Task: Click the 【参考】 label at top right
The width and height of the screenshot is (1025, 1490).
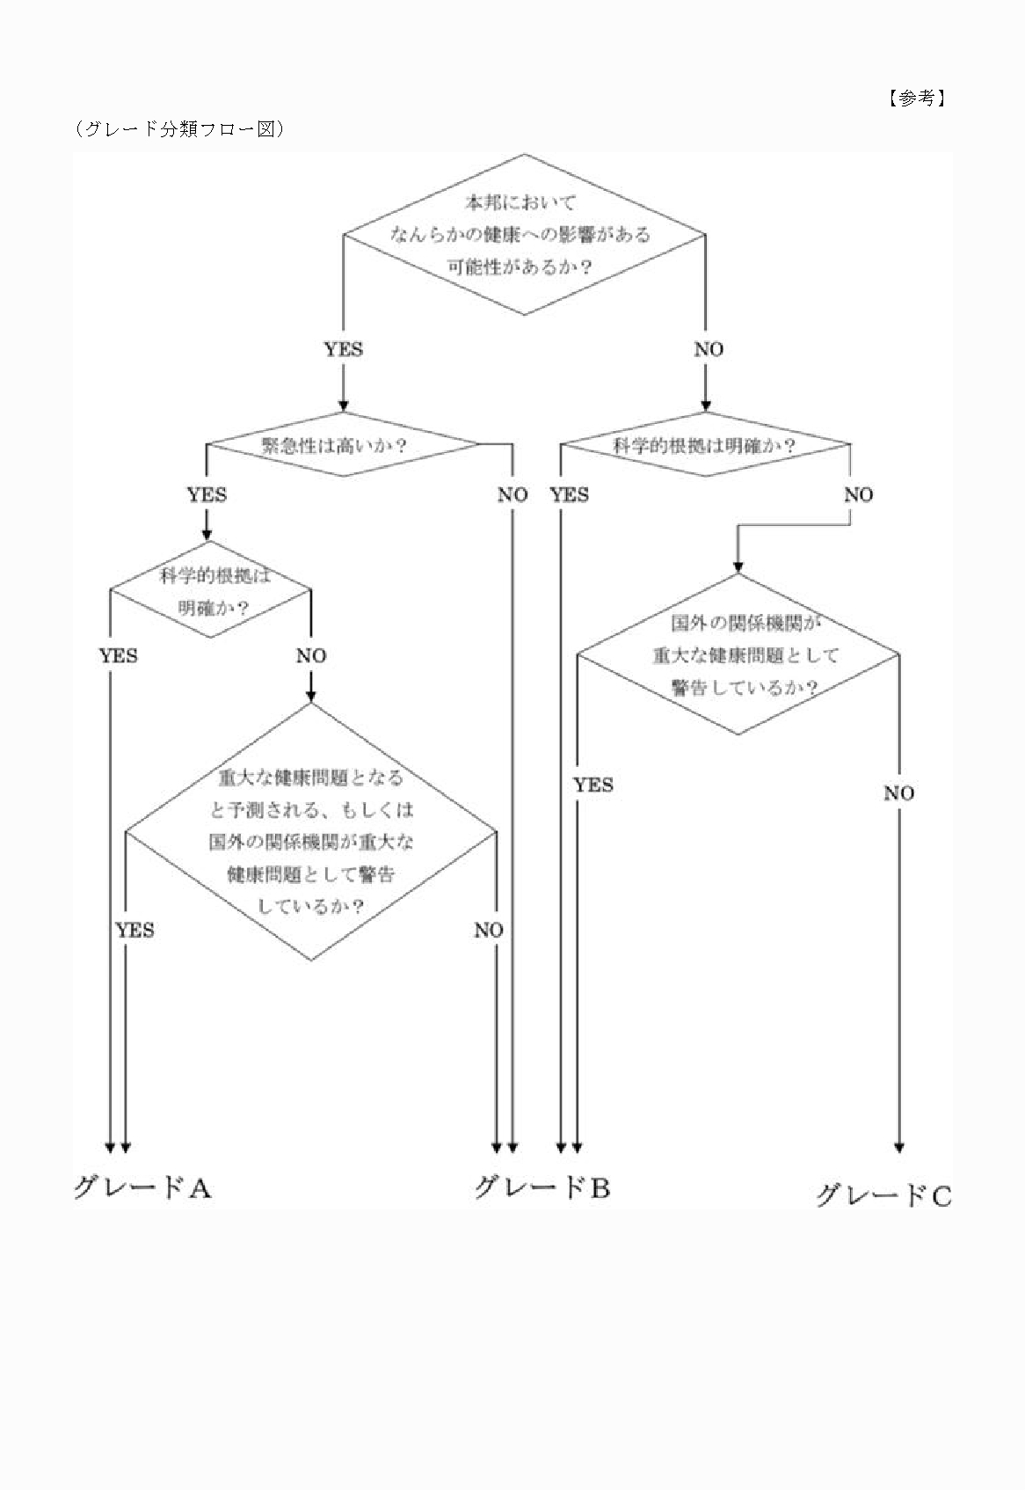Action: [916, 98]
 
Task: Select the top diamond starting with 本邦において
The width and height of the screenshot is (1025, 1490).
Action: [524, 234]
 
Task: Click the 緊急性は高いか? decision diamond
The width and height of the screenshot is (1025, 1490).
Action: [343, 444]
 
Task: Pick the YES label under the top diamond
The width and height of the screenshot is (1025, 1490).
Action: [343, 349]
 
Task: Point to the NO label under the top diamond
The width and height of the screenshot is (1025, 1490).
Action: [709, 349]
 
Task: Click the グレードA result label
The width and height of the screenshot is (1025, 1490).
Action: [142, 1188]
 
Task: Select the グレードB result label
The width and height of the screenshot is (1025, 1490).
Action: [542, 1188]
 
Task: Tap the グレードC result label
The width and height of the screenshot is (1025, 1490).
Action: [883, 1195]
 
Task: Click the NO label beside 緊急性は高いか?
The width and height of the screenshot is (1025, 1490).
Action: [512, 494]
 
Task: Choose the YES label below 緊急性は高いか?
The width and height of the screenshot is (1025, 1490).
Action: [207, 494]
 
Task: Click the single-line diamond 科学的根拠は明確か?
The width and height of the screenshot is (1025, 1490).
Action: [705, 445]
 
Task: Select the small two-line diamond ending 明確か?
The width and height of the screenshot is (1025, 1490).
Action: [211, 590]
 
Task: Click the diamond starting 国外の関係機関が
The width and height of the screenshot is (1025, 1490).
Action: [738, 654]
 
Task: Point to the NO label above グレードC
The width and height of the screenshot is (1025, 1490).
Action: [898, 793]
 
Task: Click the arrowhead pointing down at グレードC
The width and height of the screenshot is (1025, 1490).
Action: [898, 1147]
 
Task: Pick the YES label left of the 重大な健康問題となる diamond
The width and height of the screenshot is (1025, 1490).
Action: [134, 930]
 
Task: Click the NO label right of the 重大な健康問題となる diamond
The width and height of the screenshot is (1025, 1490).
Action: [489, 930]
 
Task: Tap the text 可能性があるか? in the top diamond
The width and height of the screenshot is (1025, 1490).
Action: [518, 267]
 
